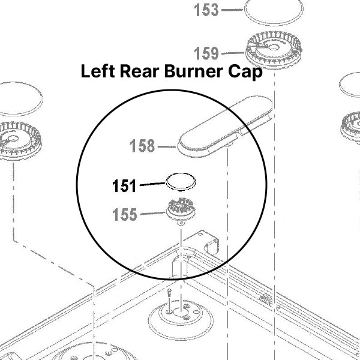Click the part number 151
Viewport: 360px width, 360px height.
[124, 187]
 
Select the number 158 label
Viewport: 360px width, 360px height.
[142, 146]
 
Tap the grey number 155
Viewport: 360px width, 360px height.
[125, 214]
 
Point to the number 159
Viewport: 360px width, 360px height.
[206, 53]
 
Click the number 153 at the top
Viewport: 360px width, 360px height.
[206, 10]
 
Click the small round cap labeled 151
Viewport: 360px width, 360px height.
[182, 181]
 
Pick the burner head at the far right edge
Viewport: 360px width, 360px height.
[352, 126]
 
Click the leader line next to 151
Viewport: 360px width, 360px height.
[151, 186]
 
